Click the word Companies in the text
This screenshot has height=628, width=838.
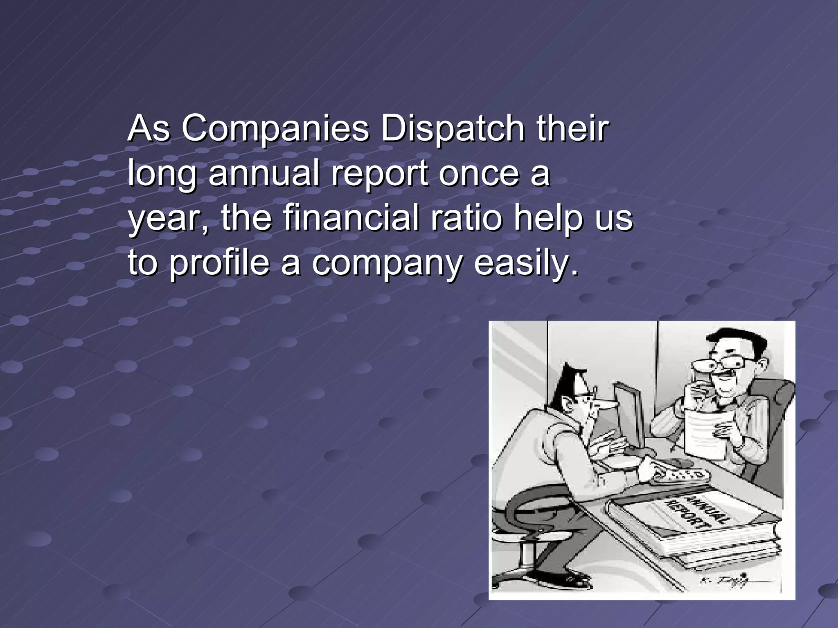pyautogui.click(x=275, y=129)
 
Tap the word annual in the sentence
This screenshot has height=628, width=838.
pyautogui.click(x=264, y=174)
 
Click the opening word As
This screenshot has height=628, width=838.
pyautogui.click(x=148, y=129)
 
